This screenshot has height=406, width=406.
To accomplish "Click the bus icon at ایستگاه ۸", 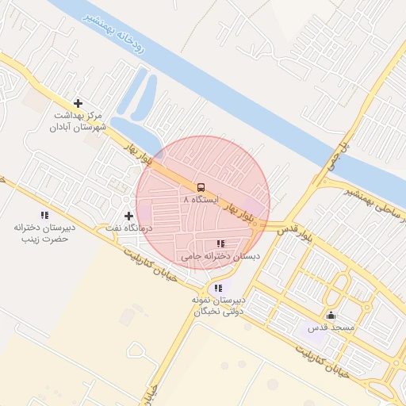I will click(200, 188).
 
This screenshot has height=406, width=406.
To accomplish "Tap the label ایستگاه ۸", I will click(199, 201).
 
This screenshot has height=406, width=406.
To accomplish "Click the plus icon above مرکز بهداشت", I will click(78, 103).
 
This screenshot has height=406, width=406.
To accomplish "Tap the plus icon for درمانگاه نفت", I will click(128, 216).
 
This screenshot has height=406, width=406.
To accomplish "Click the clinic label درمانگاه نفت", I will click(128, 228).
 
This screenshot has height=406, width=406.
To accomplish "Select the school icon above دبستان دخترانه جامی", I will click(220, 243).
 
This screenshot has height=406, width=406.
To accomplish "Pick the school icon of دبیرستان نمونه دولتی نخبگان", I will click(218, 287).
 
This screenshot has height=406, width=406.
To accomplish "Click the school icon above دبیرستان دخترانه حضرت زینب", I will click(44, 215).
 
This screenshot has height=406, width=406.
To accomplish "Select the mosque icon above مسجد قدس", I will click(331, 316).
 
